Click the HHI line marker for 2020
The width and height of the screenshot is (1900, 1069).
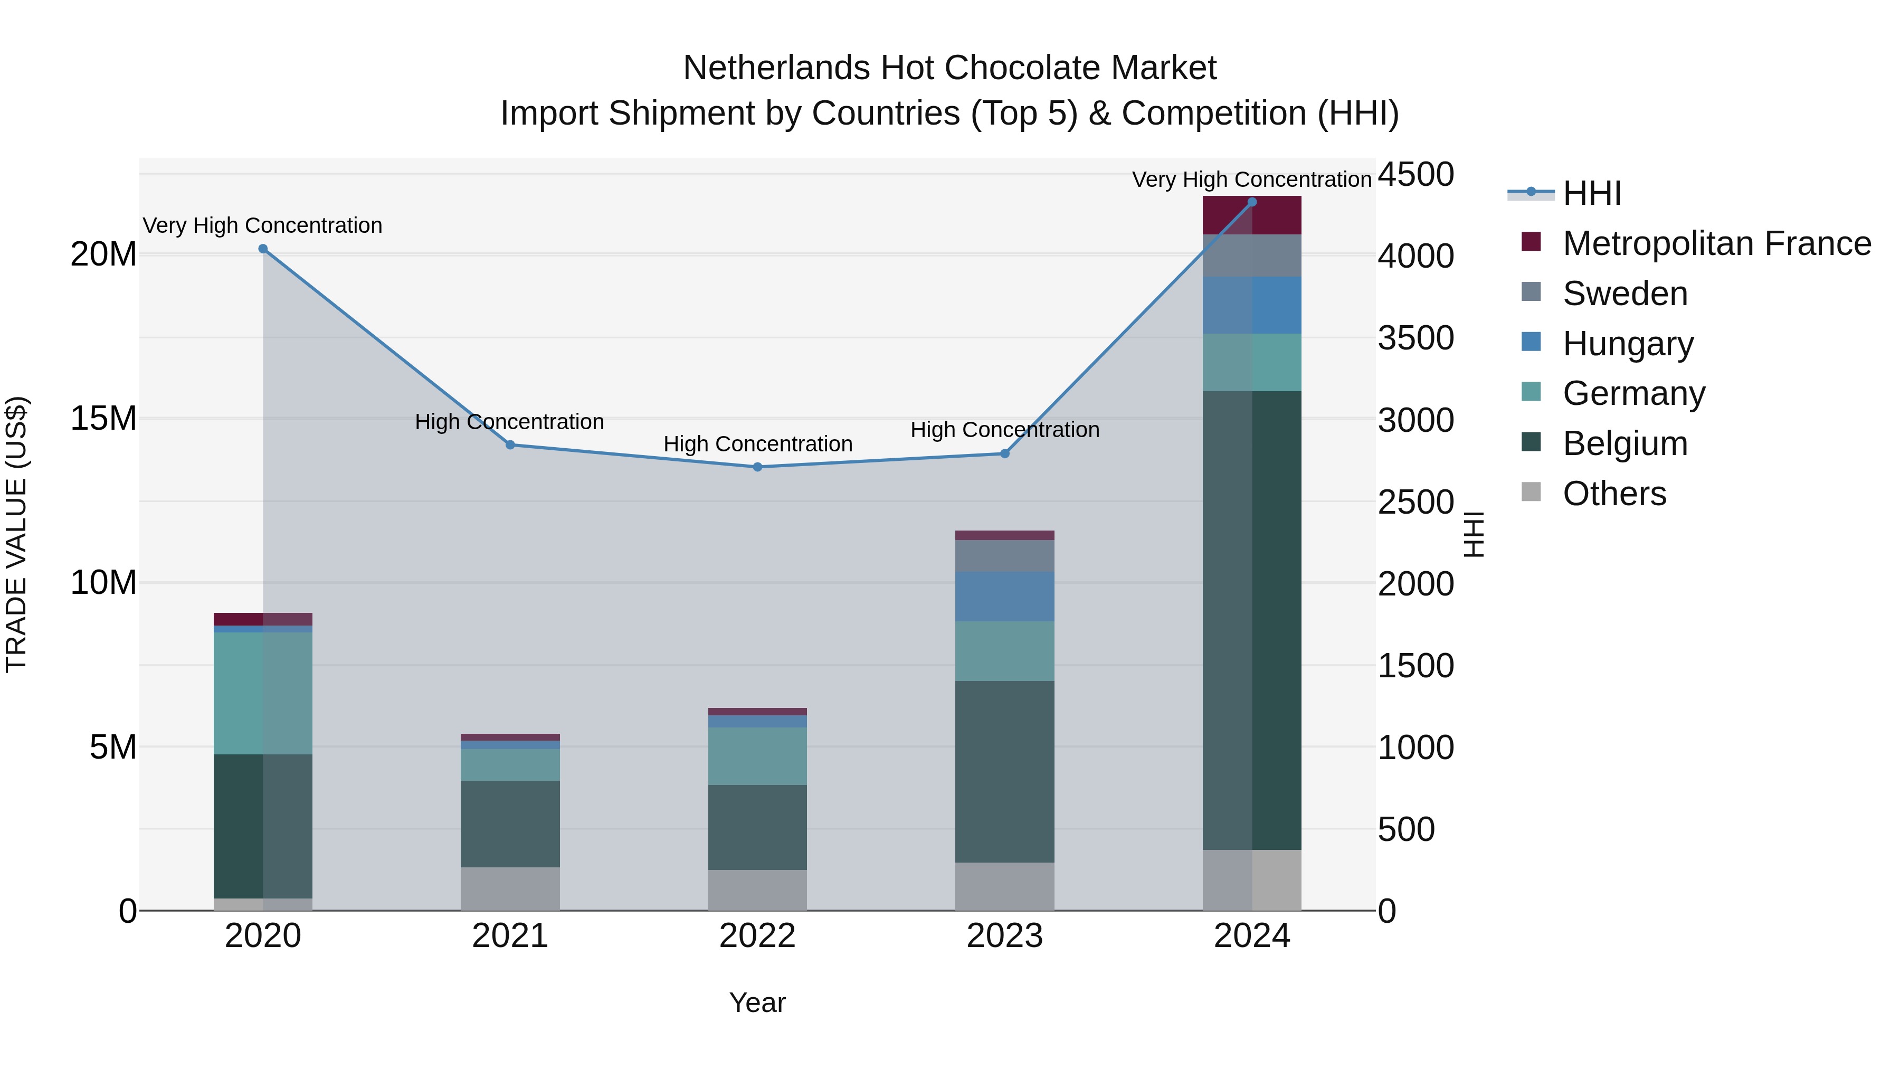click(x=263, y=249)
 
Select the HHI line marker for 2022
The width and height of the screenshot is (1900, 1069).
click(x=757, y=467)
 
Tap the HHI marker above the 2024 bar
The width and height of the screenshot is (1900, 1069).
click(x=1252, y=202)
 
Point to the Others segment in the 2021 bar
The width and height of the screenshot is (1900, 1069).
click(x=510, y=888)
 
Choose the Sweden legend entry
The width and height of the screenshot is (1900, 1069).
click(x=1625, y=294)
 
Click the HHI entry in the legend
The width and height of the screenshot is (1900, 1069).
click(x=1592, y=193)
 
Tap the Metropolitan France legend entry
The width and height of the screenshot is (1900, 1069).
click(x=1716, y=243)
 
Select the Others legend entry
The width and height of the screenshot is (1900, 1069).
click(x=1614, y=494)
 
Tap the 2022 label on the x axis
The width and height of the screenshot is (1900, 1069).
click(x=757, y=936)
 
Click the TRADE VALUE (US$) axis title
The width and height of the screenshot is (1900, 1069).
click(x=16, y=534)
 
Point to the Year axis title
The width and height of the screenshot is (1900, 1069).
click(x=757, y=1002)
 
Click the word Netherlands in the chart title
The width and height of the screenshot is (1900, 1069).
click(x=776, y=68)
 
